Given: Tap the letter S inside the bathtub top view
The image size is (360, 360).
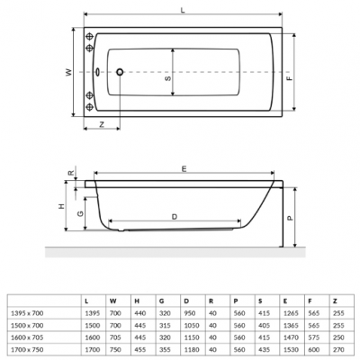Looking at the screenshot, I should pos(166,78).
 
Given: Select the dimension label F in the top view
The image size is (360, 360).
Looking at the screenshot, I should pos(289,78).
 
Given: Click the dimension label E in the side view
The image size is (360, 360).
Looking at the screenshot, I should pos(184,168).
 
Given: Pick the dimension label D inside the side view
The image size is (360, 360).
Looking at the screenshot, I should pos(174,217).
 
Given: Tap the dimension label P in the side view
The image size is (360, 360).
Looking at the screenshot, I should pos(289,217).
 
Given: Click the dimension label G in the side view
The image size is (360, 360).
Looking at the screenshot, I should pos(81,213).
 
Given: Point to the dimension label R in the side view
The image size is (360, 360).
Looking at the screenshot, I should pos(71,171).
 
